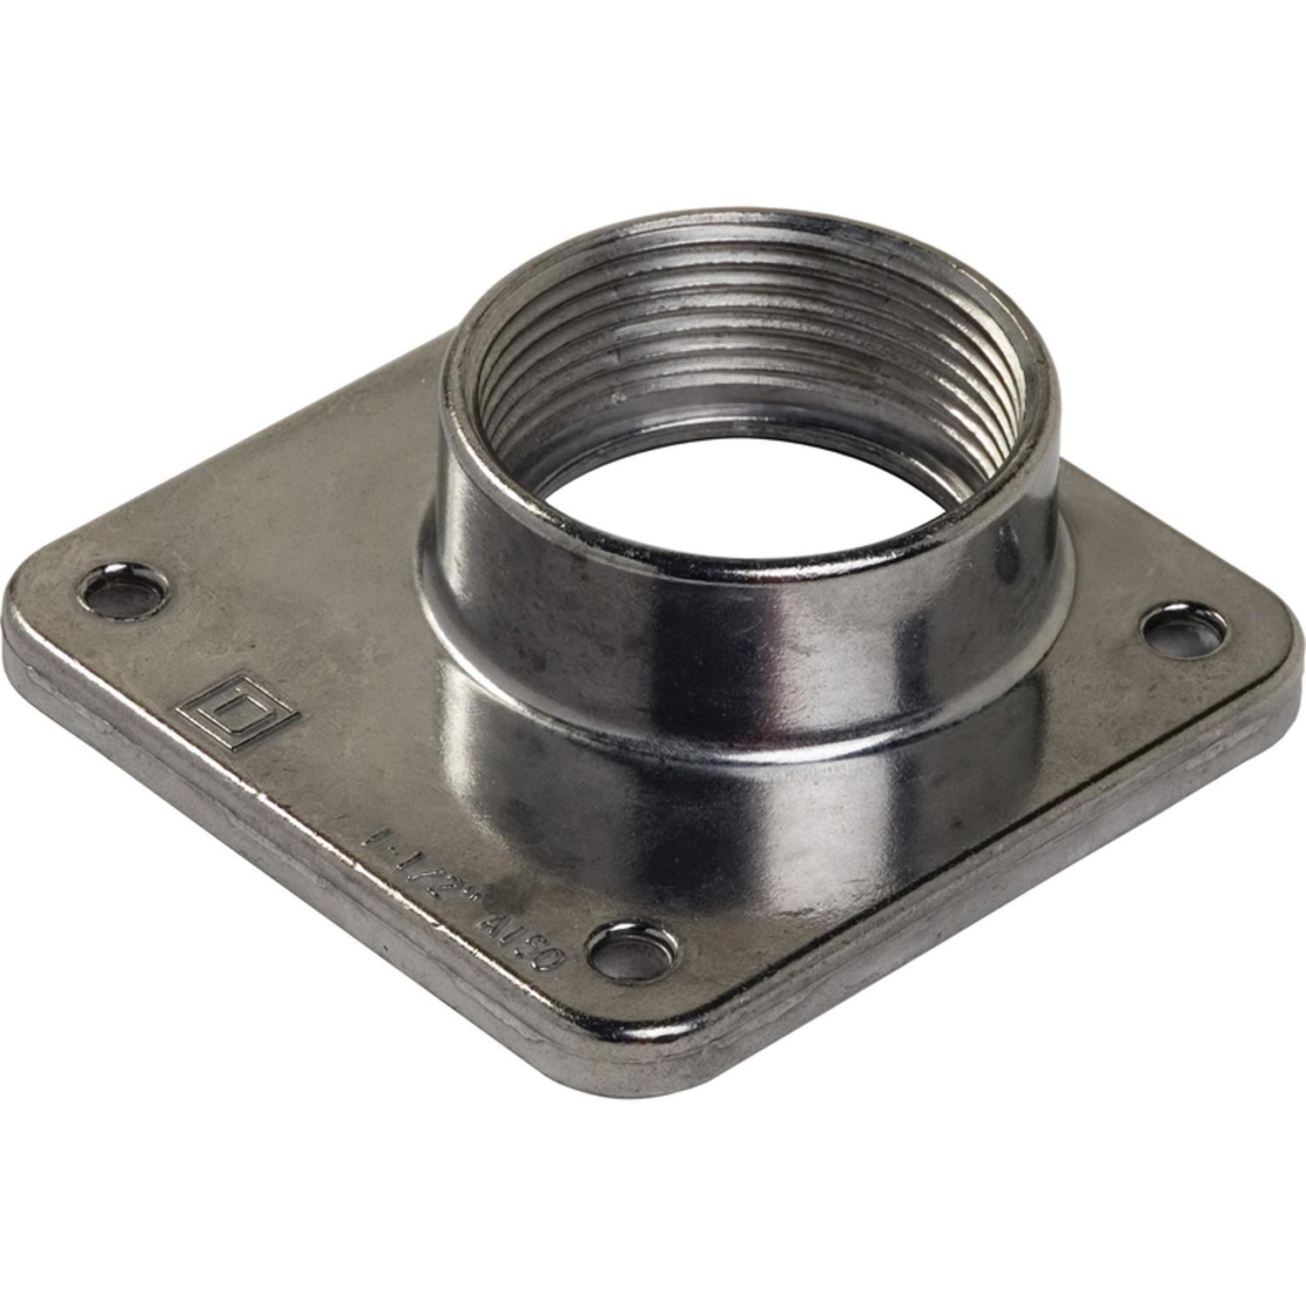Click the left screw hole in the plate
pyautogui.click(x=123, y=589)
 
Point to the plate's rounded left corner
pyautogui.click(x=26, y=609)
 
